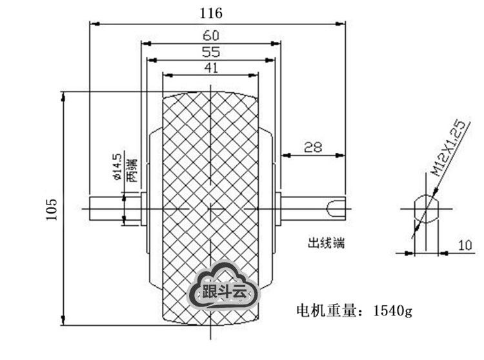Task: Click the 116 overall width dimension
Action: (x=211, y=14)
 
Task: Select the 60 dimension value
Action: (x=211, y=35)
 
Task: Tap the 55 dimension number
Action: (x=211, y=52)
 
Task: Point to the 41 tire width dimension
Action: (x=211, y=68)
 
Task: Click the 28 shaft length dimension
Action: (x=313, y=147)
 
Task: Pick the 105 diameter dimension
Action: (x=52, y=209)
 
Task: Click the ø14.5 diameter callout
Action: (x=117, y=167)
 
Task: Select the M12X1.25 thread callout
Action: (x=449, y=148)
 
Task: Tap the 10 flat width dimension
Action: (x=465, y=246)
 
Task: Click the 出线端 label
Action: (x=326, y=243)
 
